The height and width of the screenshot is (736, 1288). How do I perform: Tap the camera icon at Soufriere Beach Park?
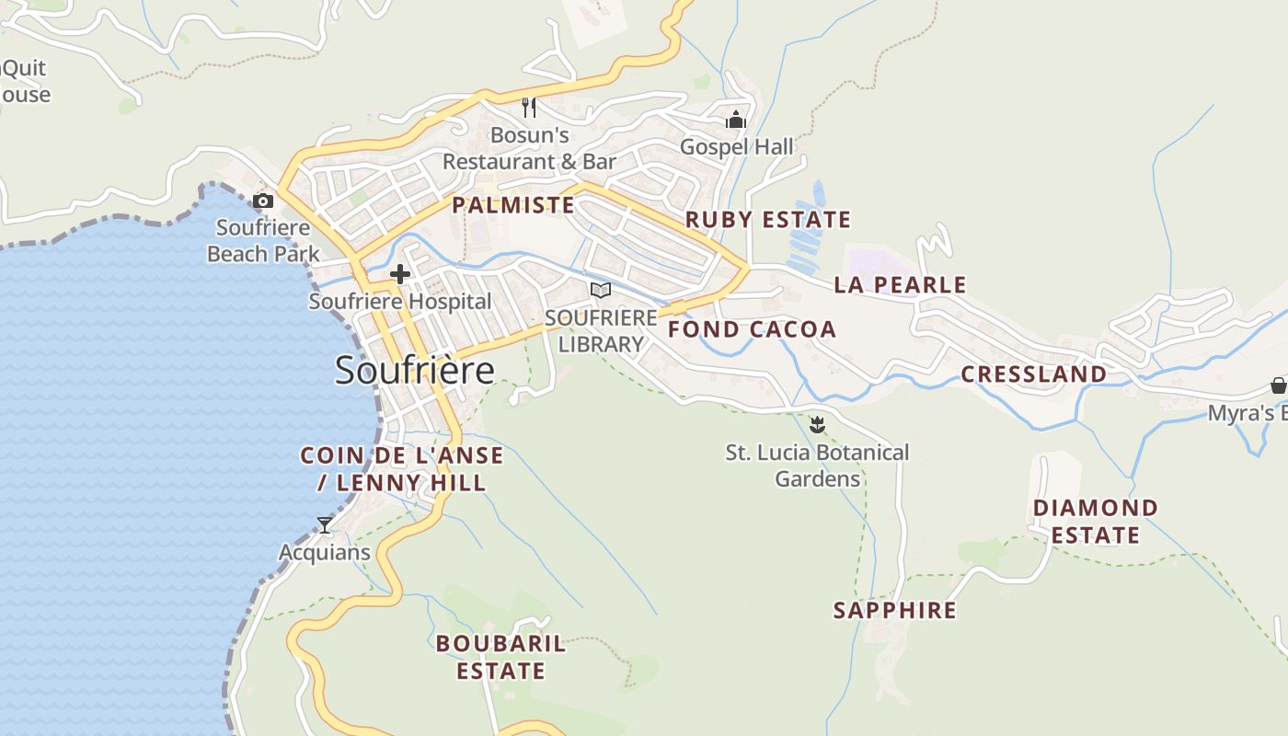pyautogui.click(x=263, y=201)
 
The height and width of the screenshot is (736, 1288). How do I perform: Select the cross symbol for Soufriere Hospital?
pyautogui.click(x=400, y=273)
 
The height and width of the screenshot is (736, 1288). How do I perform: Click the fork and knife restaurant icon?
pyautogui.click(x=529, y=108)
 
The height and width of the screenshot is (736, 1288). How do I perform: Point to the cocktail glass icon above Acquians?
pyautogui.click(x=325, y=525)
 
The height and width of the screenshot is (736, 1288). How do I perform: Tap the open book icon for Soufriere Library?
pyautogui.click(x=601, y=291)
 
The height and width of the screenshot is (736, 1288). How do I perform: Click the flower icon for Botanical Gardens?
pyautogui.click(x=817, y=424)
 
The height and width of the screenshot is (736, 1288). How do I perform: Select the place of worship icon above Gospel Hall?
pyautogui.click(x=736, y=120)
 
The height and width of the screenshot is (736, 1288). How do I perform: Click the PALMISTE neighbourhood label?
pyautogui.click(x=513, y=205)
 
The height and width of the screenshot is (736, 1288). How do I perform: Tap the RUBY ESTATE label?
pyautogui.click(x=768, y=220)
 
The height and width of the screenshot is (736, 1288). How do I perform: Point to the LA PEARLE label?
pyautogui.click(x=900, y=285)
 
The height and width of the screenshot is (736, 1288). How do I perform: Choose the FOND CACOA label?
pyautogui.click(x=752, y=329)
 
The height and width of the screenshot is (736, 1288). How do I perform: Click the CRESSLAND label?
pyautogui.click(x=1033, y=374)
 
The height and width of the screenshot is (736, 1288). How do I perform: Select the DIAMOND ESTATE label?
pyautogui.click(x=1096, y=522)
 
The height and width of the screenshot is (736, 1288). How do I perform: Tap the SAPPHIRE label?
pyautogui.click(x=894, y=610)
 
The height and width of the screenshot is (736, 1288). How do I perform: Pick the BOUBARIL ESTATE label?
pyautogui.click(x=500, y=657)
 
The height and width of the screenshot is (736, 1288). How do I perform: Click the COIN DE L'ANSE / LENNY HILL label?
pyautogui.click(x=402, y=469)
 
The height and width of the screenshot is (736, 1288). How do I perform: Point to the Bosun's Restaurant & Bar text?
pyautogui.click(x=529, y=148)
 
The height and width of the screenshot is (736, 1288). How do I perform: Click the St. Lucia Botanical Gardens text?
pyautogui.click(x=817, y=466)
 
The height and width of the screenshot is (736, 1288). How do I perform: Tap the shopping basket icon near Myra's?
pyautogui.click(x=1278, y=385)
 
